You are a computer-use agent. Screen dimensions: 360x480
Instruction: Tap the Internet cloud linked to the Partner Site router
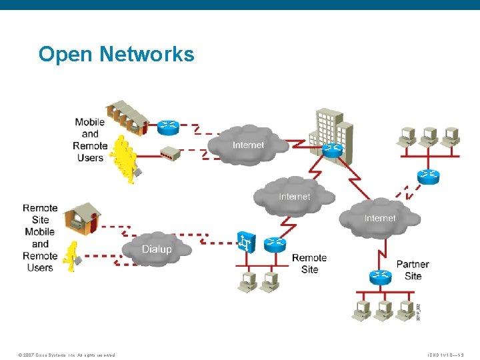tap(379, 217)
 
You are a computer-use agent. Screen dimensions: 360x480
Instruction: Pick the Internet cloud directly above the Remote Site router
tap(294, 195)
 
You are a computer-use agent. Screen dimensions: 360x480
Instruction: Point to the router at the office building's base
tap(332, 150)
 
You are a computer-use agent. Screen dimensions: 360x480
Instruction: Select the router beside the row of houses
tap(169, 125)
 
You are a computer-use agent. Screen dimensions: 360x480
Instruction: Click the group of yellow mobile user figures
tap(125, 159)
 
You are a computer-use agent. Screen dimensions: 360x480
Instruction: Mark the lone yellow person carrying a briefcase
tap(71, 257)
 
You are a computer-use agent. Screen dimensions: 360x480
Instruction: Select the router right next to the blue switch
tap(274, 245)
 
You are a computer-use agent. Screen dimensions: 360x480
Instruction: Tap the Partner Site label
tap(413, 270)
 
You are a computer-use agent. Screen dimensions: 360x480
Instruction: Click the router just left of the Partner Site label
tap(380, 275)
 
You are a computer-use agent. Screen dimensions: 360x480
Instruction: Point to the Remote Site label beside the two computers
tap(309, 263)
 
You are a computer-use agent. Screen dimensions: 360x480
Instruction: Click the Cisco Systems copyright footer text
tap(67, 355)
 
